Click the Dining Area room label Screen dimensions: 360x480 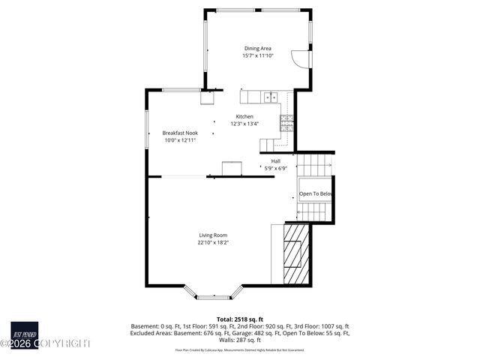coord(257,48)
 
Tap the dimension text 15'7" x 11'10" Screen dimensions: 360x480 coord(257,55)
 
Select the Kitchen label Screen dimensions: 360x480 coord(244,116)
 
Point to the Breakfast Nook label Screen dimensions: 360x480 coord(180,133)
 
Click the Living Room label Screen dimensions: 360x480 coord(213,235)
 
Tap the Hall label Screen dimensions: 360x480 coord(275,161)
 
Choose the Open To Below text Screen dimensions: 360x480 coord(315,194)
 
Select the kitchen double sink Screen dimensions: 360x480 coord(270,96)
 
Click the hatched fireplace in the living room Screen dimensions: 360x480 coord(295,254)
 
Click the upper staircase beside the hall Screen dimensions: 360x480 coord(314,163)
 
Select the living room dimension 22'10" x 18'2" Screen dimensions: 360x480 coord(213,242)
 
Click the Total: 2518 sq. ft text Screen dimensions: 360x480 coord(240,319)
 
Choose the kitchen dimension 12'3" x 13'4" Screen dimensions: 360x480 coord(244,124)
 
